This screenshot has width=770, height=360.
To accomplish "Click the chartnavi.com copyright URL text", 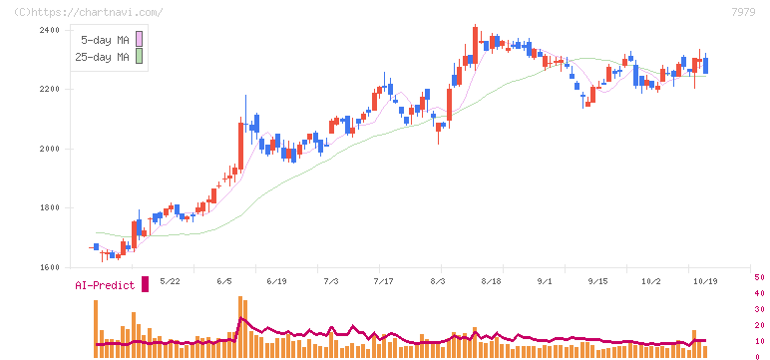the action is pyautogui.click(x=89, y=12).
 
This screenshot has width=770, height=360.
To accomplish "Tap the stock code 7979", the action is pyautogui.click(x=743, y=12).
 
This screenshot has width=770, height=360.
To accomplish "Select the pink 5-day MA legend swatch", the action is pyautogui.click(x=139, y=39).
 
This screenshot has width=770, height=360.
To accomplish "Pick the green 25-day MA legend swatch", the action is pyautogui.click(x=139, y=56).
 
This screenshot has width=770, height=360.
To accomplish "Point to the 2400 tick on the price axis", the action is pyautogui.click(x=49, y=31).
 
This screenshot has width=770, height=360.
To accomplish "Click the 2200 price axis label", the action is pyautogui.click(x=49, y=90).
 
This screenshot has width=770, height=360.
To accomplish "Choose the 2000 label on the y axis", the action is pyautogui.click(x=49, y=149).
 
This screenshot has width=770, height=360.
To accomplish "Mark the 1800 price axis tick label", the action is pyautogui.click(x=49, y=208).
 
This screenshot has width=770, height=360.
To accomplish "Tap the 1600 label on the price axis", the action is pyautogui.click(x=49, y=267).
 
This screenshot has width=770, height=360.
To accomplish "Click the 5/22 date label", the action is pyautogui.click(x=171, y=281).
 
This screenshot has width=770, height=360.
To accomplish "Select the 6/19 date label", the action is pyautogui.click(x=276, y=281).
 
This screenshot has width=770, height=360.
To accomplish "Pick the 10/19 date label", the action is pyautogui.click(x=705, y=281).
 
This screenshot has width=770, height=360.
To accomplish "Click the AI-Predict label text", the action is pyautogui.click(x=105, y=285).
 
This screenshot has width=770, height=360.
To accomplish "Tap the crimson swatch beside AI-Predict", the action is pyautogui.click(x=145, y=284).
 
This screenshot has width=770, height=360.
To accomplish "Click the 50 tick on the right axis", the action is pyautogui.click(x=759, y=277).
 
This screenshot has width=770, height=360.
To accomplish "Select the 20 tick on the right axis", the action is pyautogui.click(x=759, y=325).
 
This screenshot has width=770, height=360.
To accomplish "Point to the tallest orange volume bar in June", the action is pyautogui.click(x=240, y=327).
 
